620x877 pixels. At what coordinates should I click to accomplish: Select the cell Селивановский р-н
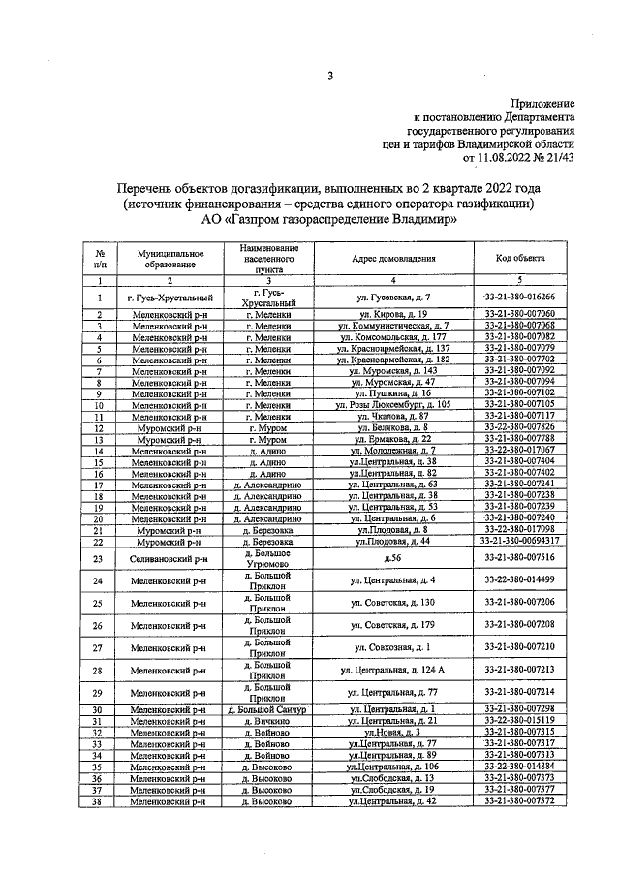coord(170,558)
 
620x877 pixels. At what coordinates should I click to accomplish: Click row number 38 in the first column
coord(100,801)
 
